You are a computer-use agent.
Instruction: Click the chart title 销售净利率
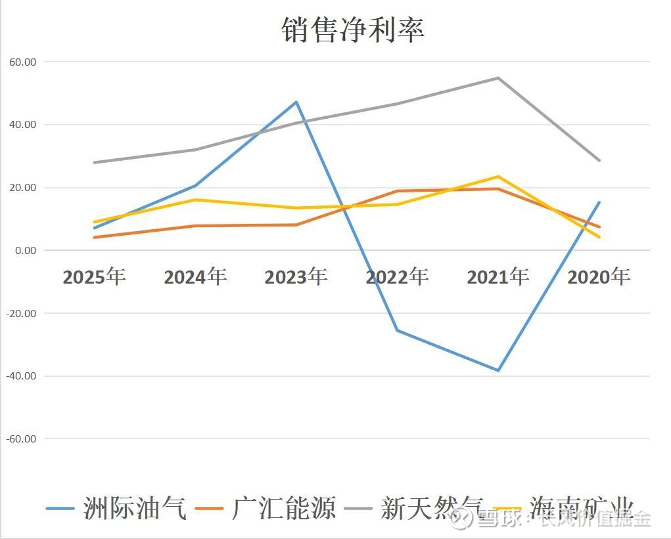[353, 30]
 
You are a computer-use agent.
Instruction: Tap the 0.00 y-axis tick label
[26, 250]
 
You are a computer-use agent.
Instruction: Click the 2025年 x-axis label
[94, 276]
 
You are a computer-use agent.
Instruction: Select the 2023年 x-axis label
[296, 276]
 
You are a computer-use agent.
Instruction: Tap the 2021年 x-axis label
[497, 276]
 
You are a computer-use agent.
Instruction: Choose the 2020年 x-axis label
[599, 276]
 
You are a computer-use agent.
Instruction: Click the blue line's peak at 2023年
[296, 102]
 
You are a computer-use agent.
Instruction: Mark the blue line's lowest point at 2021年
[498, 370]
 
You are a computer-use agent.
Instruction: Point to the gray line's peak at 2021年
[498, 78]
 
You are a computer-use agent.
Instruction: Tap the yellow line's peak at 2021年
[498, 177]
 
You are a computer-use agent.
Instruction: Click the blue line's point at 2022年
[398, 330]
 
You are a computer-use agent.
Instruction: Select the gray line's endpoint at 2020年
[599, 160]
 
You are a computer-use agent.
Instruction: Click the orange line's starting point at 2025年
[95, 237]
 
